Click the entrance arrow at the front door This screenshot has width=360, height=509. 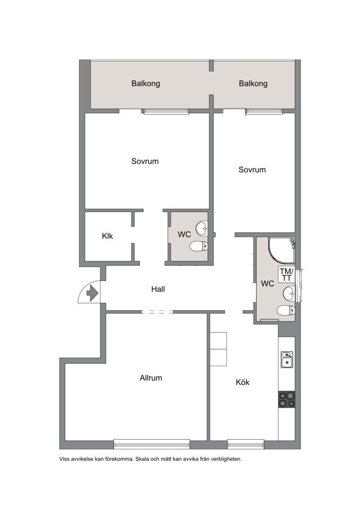pyautogui.click(x=93, y=293)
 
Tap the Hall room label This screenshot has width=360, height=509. pyautogui.click(x=158, y=289)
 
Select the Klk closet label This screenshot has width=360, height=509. pyautogui.click(x=108, y=236)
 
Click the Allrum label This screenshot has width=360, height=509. pyautogui.click(x=151, y=378)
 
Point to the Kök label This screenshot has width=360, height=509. pyautogui.click(x=243, y=382)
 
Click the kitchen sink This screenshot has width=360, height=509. pyautogui.click(x=287, y=360)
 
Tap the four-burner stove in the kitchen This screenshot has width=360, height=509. pyautogui.click(x=287, y=399)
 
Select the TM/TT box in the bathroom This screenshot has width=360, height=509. pyautogui.click(x=287, y=274)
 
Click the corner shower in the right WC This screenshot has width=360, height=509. pyautogui.click(x=282, y=250)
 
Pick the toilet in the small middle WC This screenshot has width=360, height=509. pyautogui.click(x=198, y=246)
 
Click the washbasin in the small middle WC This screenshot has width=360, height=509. pyautogui.click(x=202, y=228)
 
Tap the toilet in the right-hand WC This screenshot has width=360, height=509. pyautogui.click(x=286, y=311)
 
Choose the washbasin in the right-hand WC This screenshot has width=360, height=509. pyautogui.click(x=289, y=294)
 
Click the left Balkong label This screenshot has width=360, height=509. pyautogui.click(x=146, y=83)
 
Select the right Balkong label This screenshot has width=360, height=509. pyautogui.click(x=253, y=83)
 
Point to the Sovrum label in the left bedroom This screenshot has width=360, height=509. pyautogui.click(x=145, y=161)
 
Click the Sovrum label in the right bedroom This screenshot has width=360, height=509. pyautogui.click(x=252, y=170)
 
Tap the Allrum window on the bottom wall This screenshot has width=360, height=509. pyautogui.click(x=152, y=444)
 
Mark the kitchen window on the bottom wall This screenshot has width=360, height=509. pyautogui.click(x=245, y=444)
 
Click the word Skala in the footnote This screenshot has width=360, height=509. pyautogui.click(x=142, y=459)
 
